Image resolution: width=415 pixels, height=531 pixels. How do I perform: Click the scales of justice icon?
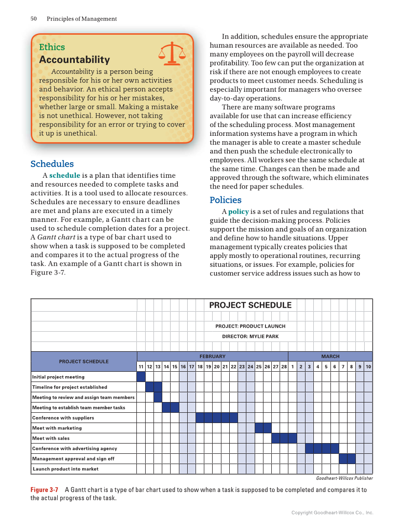173,53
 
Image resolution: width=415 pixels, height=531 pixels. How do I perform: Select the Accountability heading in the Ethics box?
74,60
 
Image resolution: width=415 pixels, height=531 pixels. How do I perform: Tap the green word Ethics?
52,47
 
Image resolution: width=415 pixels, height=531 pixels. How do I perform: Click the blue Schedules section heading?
52,164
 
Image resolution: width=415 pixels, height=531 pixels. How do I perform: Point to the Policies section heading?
225,200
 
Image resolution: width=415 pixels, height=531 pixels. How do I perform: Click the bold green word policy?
239,212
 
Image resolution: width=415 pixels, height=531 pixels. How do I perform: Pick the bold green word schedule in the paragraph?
65,175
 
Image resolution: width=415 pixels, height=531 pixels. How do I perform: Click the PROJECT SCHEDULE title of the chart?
250,305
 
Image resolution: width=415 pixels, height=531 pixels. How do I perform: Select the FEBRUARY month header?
212,357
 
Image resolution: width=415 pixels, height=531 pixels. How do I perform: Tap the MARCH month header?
330,357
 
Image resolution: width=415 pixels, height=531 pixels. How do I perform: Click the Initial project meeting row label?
58,377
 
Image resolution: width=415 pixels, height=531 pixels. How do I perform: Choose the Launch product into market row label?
66,469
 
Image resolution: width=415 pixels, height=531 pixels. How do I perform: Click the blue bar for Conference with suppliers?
217,418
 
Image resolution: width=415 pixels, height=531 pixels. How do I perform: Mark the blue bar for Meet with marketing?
263,428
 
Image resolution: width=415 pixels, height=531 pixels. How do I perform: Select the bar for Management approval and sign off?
347,459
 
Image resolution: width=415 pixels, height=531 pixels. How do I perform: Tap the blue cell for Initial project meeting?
141,377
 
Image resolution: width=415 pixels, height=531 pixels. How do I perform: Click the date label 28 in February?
284,366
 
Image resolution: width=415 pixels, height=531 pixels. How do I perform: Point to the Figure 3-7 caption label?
44,489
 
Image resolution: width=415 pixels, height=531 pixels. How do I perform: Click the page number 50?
34,19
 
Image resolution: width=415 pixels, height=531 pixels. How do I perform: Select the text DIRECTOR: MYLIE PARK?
250,337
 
